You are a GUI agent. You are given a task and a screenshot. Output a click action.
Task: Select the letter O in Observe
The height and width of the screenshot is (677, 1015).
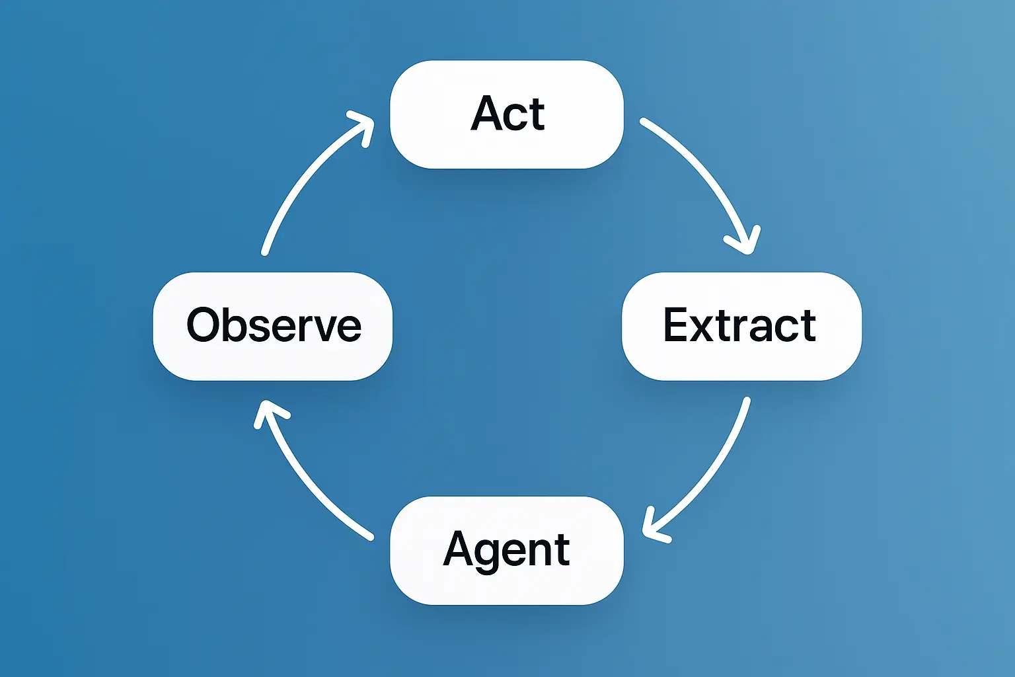[203, 325]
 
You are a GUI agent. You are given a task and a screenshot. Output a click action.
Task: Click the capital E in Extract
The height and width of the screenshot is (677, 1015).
[677, 325]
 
